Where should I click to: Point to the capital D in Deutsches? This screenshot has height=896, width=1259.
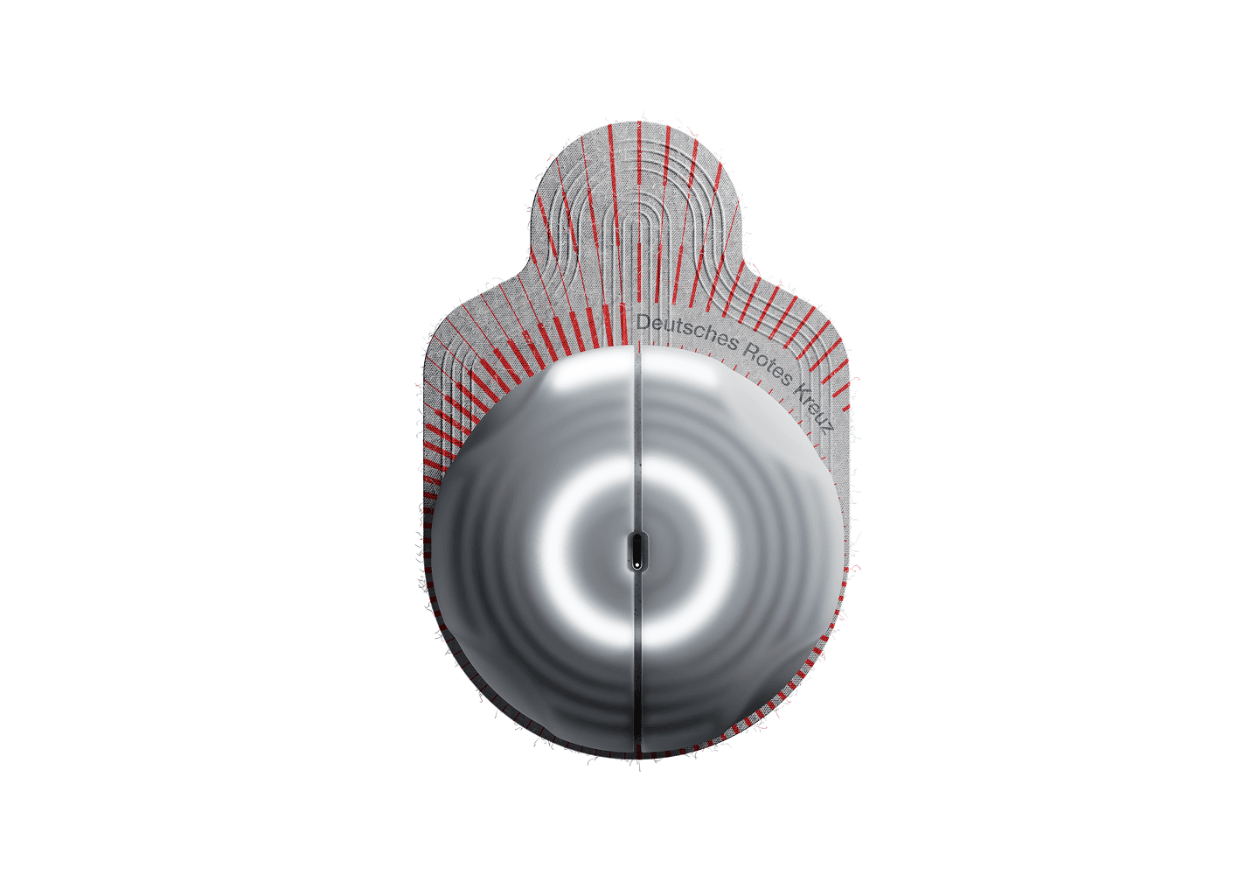coord(643,322)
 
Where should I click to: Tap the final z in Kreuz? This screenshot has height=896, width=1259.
coord(829,429)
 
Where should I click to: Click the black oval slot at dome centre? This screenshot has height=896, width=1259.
coord(636,551)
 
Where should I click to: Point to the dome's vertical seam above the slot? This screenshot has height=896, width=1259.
coord(636,438)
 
